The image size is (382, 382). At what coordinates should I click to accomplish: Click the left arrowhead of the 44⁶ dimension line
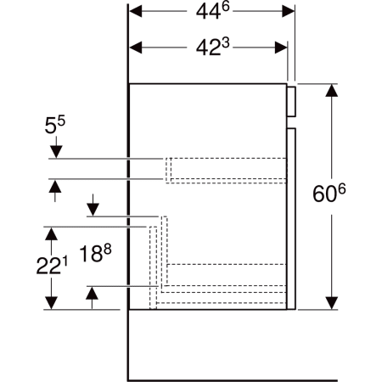pyautogui.click(x=134, y=12)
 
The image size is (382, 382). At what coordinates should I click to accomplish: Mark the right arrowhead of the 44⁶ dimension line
pyautogui.click(x=289, y=12)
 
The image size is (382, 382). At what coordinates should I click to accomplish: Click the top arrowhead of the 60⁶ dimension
pyautogui.click(x=330, y=90)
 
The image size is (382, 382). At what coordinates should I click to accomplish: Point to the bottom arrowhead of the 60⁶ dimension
pyautogui.click(x=330, y=303)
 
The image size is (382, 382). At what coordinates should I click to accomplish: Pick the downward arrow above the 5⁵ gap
pyautogui.click(x=55, y=152)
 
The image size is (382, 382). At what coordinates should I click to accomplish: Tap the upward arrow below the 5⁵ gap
pyautogui.click(x=55, y=186)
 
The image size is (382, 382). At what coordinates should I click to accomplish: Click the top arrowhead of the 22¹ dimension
pyautogui.click(x=52, y=233)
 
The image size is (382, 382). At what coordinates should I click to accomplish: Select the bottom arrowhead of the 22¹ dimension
pyautogui.click(x=52, y=304)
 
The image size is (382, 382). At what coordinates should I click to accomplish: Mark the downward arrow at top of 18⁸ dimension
pyautogui.click(x=92, y=209)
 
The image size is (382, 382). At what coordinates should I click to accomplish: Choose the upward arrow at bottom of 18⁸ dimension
pyautogui.click(x=92, y=293)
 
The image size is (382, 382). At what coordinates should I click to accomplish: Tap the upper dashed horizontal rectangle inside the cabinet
pyautogui.click(x=225, y=169)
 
